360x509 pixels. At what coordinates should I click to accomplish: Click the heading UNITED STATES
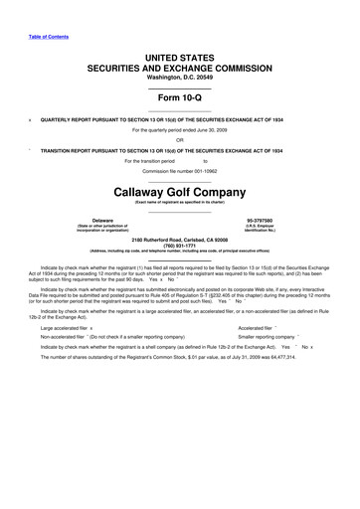click(179, 61)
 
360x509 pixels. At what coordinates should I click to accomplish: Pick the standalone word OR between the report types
click(179, 139)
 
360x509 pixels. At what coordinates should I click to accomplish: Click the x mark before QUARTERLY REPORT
click(32, 117)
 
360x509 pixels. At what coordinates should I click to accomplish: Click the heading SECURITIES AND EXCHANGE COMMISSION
click(179, 72)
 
